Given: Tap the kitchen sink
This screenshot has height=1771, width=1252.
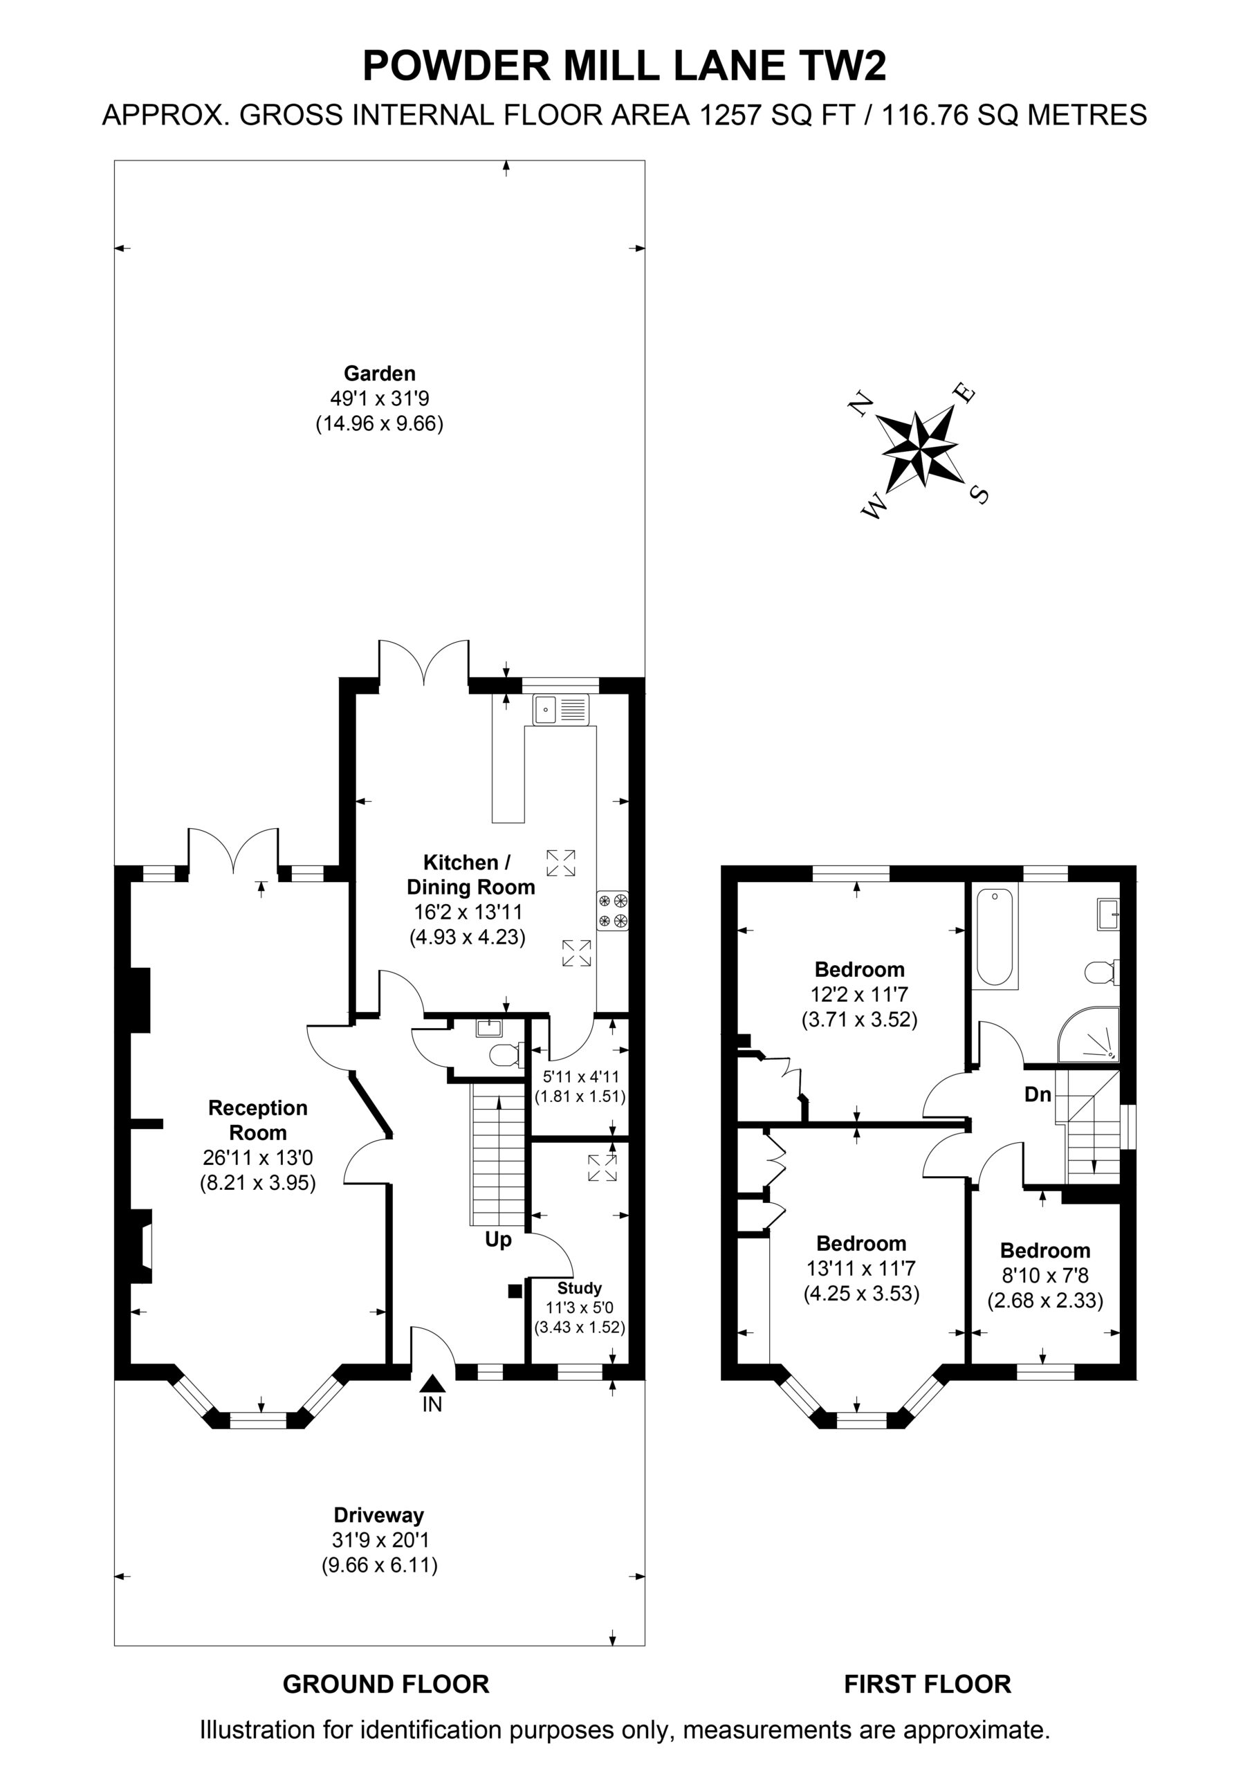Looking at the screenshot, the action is tap(561, 710).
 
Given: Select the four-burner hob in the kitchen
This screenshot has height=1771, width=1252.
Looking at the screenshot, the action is tap(612, 910).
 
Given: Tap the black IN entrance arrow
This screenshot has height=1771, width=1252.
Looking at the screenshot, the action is tap(433, 1384).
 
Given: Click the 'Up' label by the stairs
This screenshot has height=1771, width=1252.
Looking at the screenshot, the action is tap(498, 1240).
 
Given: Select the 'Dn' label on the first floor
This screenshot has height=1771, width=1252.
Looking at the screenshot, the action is tap(1038, 1094).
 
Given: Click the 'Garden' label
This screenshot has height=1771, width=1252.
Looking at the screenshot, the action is tap(380, 374).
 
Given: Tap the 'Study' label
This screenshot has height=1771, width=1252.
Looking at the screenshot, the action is tap(580, 1288).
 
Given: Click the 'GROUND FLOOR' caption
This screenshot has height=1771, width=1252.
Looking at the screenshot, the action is tap(386, 1684).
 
